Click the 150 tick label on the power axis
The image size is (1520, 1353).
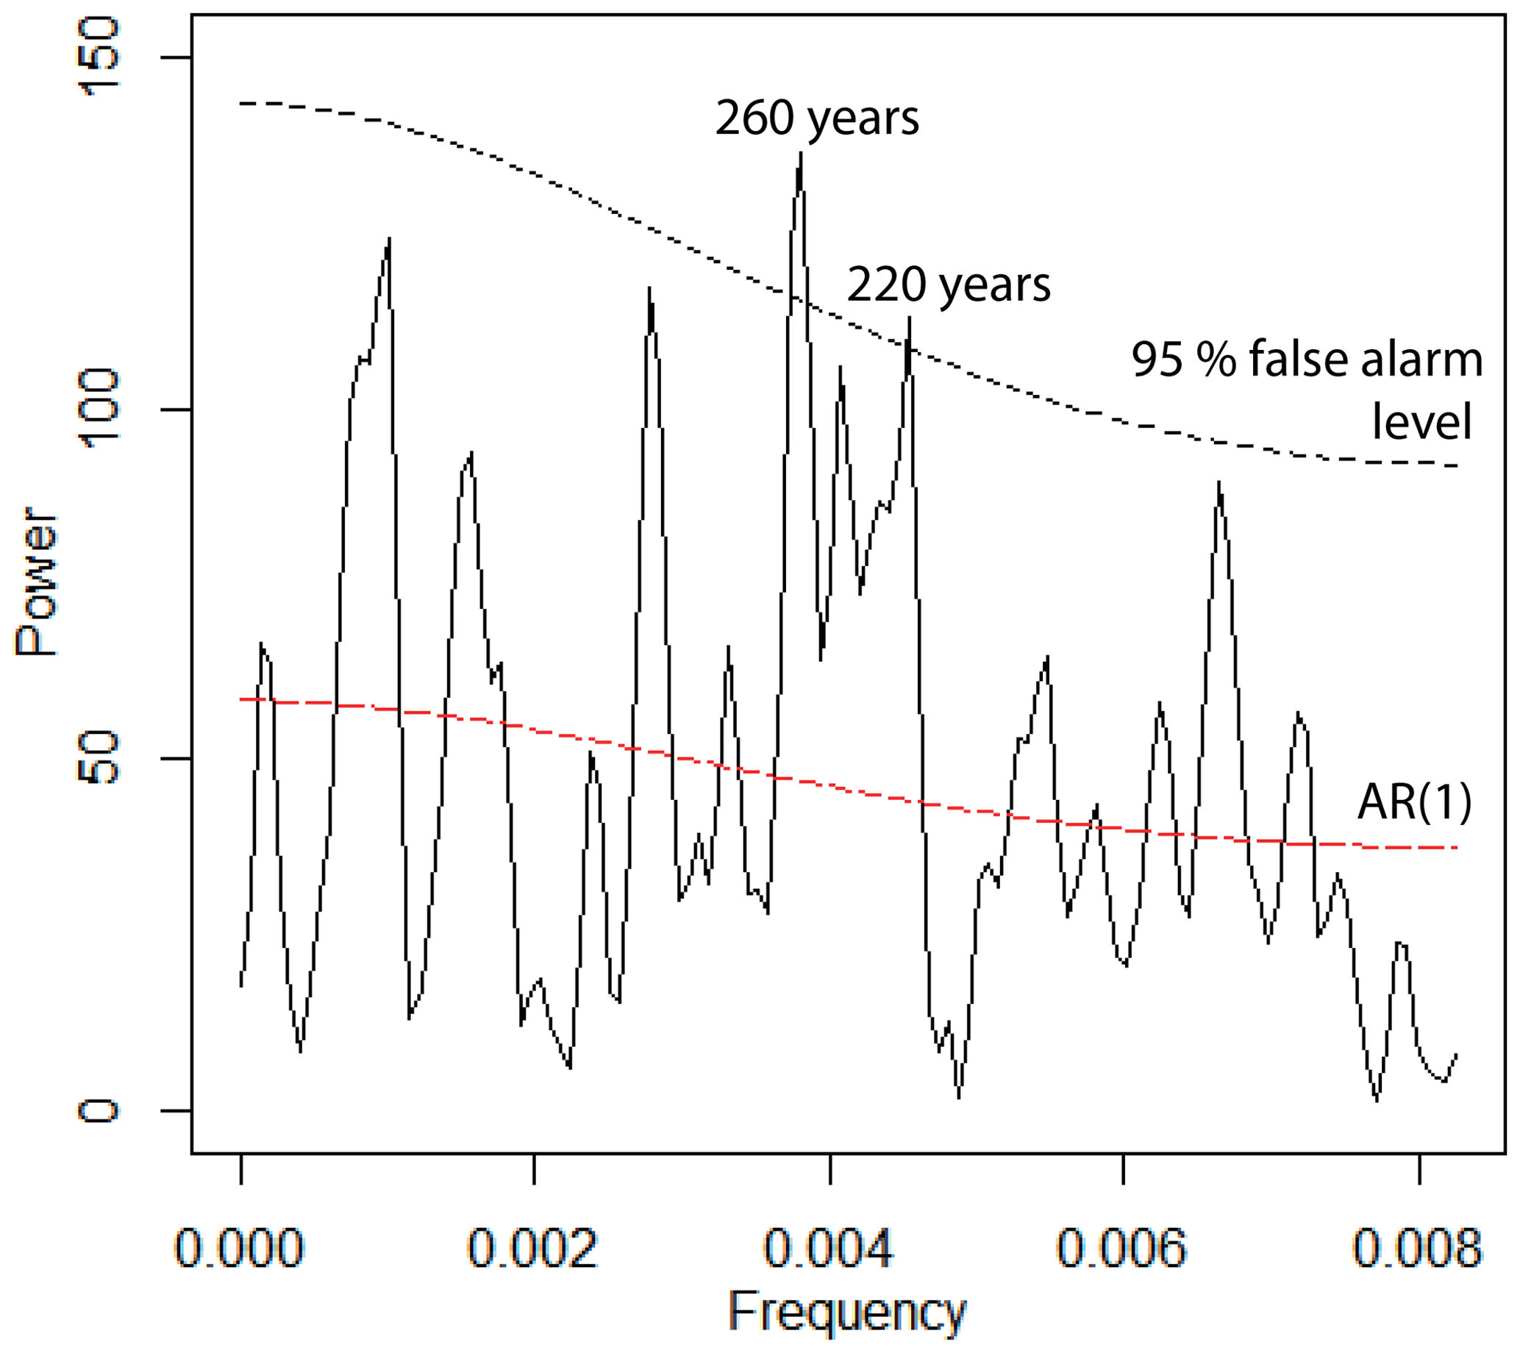tap(98, 58)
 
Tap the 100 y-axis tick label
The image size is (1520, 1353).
tap(98, 409)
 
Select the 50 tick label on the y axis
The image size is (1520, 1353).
tap(98, 758)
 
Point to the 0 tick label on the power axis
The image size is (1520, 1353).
tap(98, 1110)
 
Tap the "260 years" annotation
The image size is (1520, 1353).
tap(816, 119)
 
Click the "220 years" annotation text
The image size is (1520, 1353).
tap(948, 285)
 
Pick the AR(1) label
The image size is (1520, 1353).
tap(1414, 803)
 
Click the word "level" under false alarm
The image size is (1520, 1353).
tap(1422, 422)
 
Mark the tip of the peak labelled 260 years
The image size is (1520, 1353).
tap(801, 154)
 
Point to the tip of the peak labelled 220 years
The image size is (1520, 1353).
tap(909, 318)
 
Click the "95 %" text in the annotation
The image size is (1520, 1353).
tap(1184, 360)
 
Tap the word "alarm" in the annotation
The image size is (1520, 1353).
tap(1422, 360)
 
